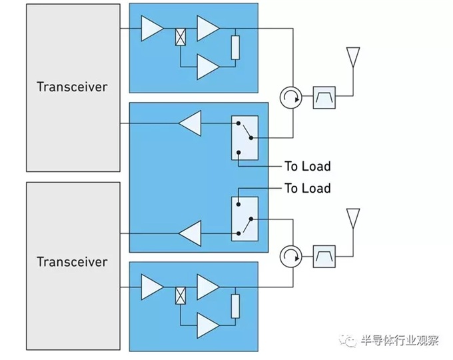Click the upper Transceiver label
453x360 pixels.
click(x=72, y=87)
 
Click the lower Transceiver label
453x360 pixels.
click(x=72, y=261)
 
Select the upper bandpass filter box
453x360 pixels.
click(x=324, y=99)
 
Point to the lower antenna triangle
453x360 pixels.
click(x=352, y=217)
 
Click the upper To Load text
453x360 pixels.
click(x=307, y=166)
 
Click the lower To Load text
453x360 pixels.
click(x=307, y=189)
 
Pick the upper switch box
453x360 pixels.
click(x=244, y=138)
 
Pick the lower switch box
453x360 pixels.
click(x=244, y=218)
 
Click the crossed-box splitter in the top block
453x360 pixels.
click(x=180, y=37)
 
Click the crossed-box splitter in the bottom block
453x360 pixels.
click(x=180, y=296)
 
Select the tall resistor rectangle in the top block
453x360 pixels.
click(x=235, y=48)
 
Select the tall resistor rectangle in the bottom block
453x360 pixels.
click(x=235, y=307)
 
